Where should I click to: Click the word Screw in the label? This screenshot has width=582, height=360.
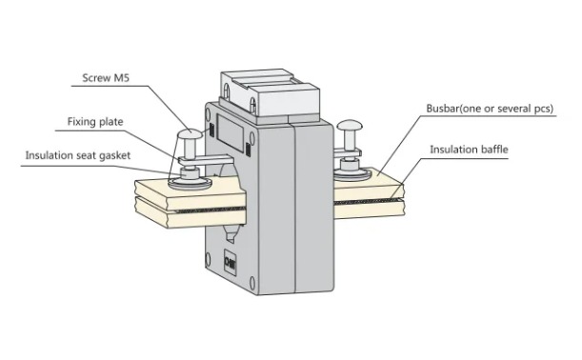(96, 78)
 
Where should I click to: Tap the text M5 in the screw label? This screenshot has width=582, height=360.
(121, 78)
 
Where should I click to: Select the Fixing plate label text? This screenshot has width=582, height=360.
(95, 122)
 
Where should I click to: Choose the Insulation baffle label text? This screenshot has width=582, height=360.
(469, 150)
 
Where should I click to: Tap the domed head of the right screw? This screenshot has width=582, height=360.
(350, 125)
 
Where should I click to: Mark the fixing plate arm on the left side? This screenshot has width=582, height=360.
(205, 160)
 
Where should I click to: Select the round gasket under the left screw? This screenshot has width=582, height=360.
(191, 183)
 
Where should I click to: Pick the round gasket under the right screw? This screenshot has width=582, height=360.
(351, 173)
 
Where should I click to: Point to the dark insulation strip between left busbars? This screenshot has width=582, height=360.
(207, 210)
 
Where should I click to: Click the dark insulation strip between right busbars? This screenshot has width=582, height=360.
(368, 202)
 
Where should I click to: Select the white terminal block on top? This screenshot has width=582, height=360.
(270, 94)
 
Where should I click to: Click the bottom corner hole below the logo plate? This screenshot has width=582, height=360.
(252, 282)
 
